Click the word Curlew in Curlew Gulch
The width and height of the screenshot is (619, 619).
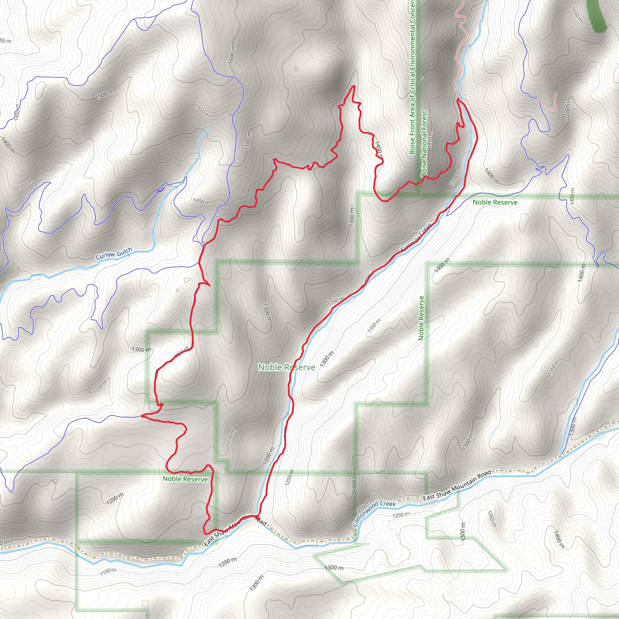pyautogui.click(x=105, y=256)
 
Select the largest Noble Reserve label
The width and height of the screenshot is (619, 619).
pyautogui.click(x=287, y=367)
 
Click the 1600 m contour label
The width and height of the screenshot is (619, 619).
pyautogui.click(x=232, y=54)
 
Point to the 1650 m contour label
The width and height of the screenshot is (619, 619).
pyautogui.click(x=577, y=14)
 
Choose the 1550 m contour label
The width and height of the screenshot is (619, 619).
pyautogui.click(x=203, y=111)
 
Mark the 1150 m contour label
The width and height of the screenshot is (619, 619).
pyautogui.click(x=108, y=572)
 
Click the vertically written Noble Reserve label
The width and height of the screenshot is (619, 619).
pyautogui.click(x=421, y=318)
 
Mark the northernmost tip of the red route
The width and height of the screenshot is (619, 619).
pyautogui.click(x=354, y=86)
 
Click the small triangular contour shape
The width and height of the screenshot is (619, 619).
pyautogui.click(x=297, y=69)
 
